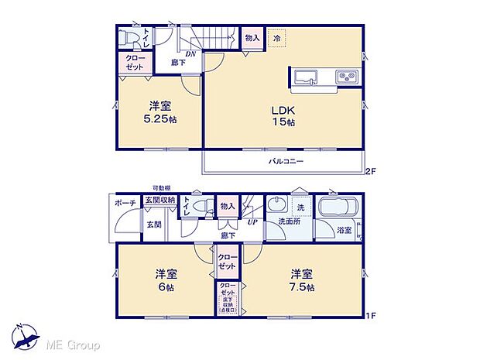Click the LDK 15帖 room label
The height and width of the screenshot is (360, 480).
281,116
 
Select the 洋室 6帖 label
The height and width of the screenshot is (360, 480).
162,279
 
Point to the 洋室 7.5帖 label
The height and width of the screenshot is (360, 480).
302,279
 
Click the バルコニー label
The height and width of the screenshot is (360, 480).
286,162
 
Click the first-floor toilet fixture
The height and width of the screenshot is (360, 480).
204,207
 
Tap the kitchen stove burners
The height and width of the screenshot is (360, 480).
345,77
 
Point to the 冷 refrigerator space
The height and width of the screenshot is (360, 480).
277,37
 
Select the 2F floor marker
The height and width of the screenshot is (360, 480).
371,172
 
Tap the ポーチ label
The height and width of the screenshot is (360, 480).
125,203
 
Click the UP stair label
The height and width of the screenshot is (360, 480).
252,221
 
